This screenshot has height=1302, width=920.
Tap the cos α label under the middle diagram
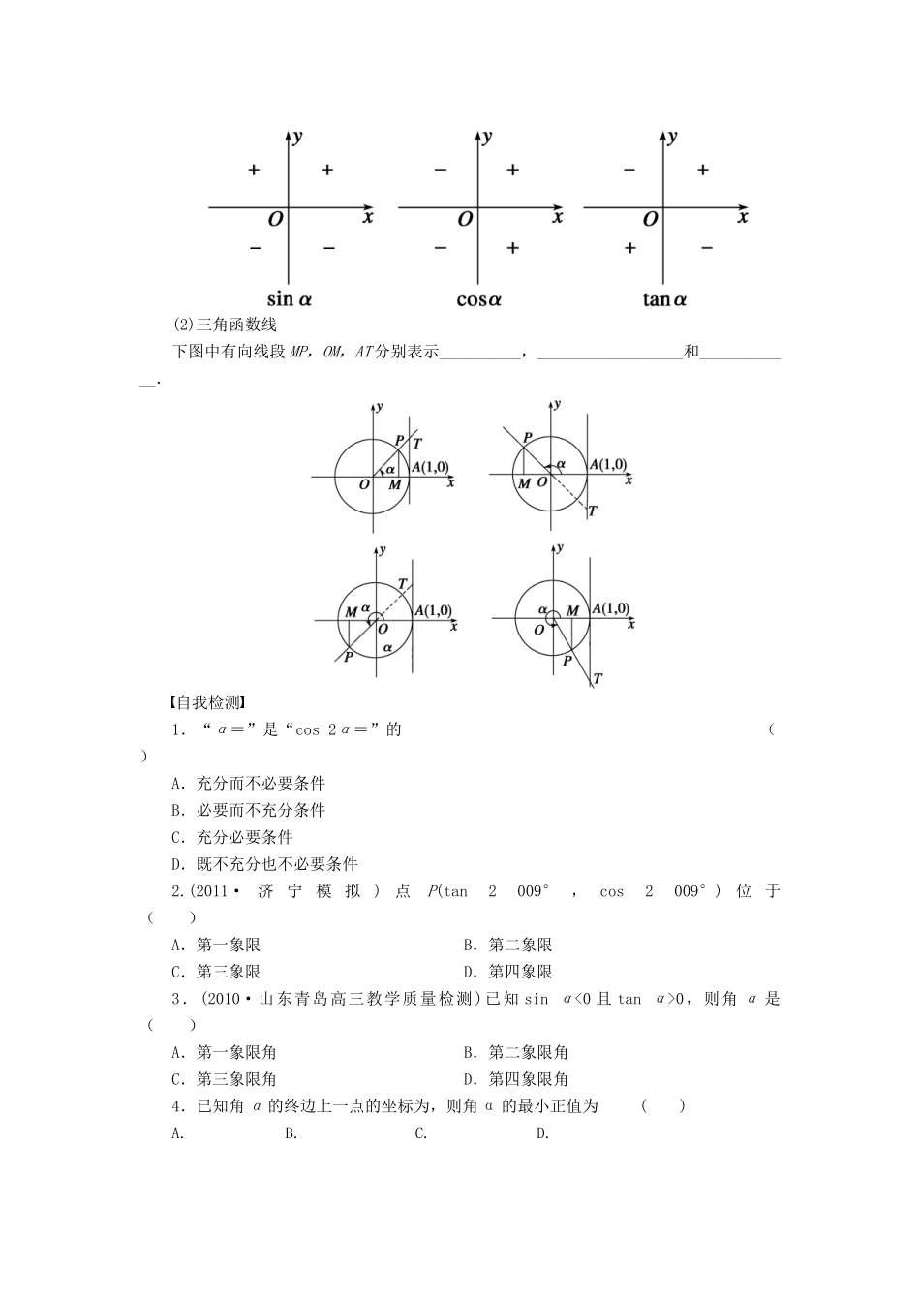pyautogui.click(x=478, y=299)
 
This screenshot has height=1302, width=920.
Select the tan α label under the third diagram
pyautogui.click(x=664, y=299)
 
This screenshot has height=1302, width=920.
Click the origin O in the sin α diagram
pyautogui.click(x=275, y=220)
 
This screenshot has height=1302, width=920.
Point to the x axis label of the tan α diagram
pyautogui.click(x=743, y=217)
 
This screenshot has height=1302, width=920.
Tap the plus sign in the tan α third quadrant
pyautogui.click(x=629, y=248)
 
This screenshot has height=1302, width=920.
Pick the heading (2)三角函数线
pyautogui.click(x=224, y=325)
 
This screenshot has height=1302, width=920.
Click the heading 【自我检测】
pyautogui.click(x=204, y=702)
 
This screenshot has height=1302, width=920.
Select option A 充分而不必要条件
pyautogui.click(x=248, y=783)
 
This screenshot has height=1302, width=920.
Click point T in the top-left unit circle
pyautogui.click(x=417, y=444)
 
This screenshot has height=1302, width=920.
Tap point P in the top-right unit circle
pyautogui.click(x=527, y=438)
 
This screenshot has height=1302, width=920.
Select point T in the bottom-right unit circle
pyautogui.click(x=598, y=679)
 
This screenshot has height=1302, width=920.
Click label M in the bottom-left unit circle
pyautogui.click(x=352, y=612)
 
